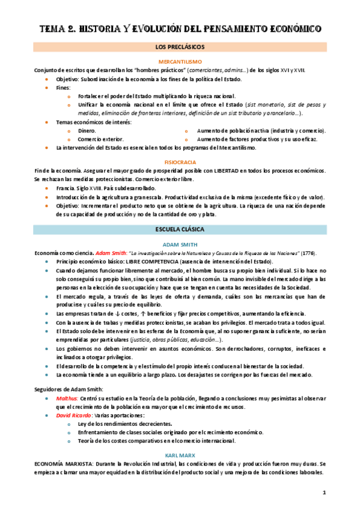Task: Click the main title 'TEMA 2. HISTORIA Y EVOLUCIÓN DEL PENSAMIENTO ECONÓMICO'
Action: point(180,28)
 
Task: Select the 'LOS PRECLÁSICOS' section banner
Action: point(180,46)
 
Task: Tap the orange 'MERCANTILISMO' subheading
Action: point(180,62)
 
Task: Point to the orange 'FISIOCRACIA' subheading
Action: point(180,162)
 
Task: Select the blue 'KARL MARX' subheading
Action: point(180,456)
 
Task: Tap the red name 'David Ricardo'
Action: point(76,416)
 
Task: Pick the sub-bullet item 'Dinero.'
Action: point(87,131)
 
